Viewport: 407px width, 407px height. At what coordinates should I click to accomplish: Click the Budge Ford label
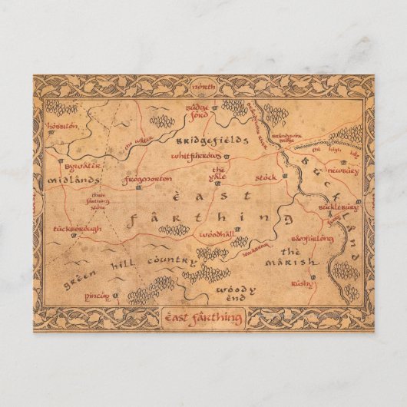click(x=199, y=114)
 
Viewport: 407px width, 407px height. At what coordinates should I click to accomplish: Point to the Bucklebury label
click(x=339, y=207)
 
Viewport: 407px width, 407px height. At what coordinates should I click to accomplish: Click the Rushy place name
click(x=302, y=284)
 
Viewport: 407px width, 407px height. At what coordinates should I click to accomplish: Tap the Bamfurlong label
click(x=313, y=240)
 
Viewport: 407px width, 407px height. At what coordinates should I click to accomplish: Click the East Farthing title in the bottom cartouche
click(x=203, y=317)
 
